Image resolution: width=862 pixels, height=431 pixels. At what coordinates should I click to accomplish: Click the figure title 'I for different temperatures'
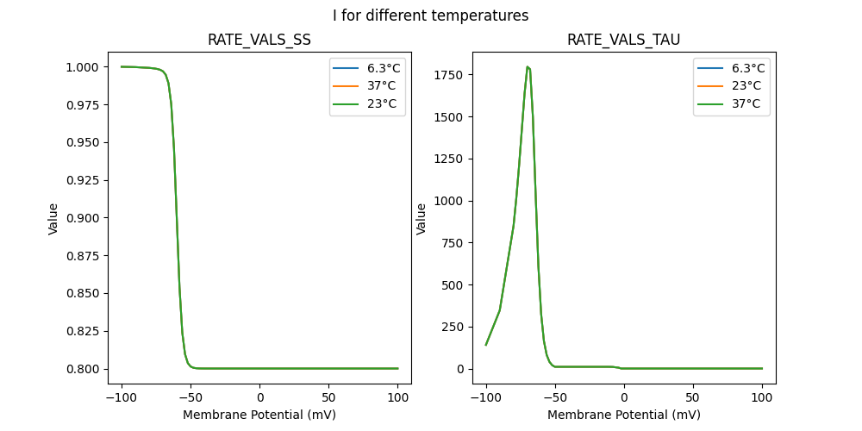430,16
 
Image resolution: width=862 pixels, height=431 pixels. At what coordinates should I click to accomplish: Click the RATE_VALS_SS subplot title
259,41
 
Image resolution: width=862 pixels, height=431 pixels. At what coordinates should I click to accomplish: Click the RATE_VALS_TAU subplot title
623,41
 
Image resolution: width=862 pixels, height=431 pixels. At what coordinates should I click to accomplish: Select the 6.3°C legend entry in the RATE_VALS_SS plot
384,68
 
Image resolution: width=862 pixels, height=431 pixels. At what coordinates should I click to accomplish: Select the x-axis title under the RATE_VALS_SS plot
259,415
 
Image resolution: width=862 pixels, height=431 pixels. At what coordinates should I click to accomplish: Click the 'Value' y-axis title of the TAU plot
422,218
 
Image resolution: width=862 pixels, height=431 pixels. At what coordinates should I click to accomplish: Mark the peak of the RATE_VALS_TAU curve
527,66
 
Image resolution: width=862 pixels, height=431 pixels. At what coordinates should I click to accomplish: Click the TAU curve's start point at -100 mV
486,345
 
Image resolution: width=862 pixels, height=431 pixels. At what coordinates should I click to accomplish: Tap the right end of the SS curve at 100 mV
398,369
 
